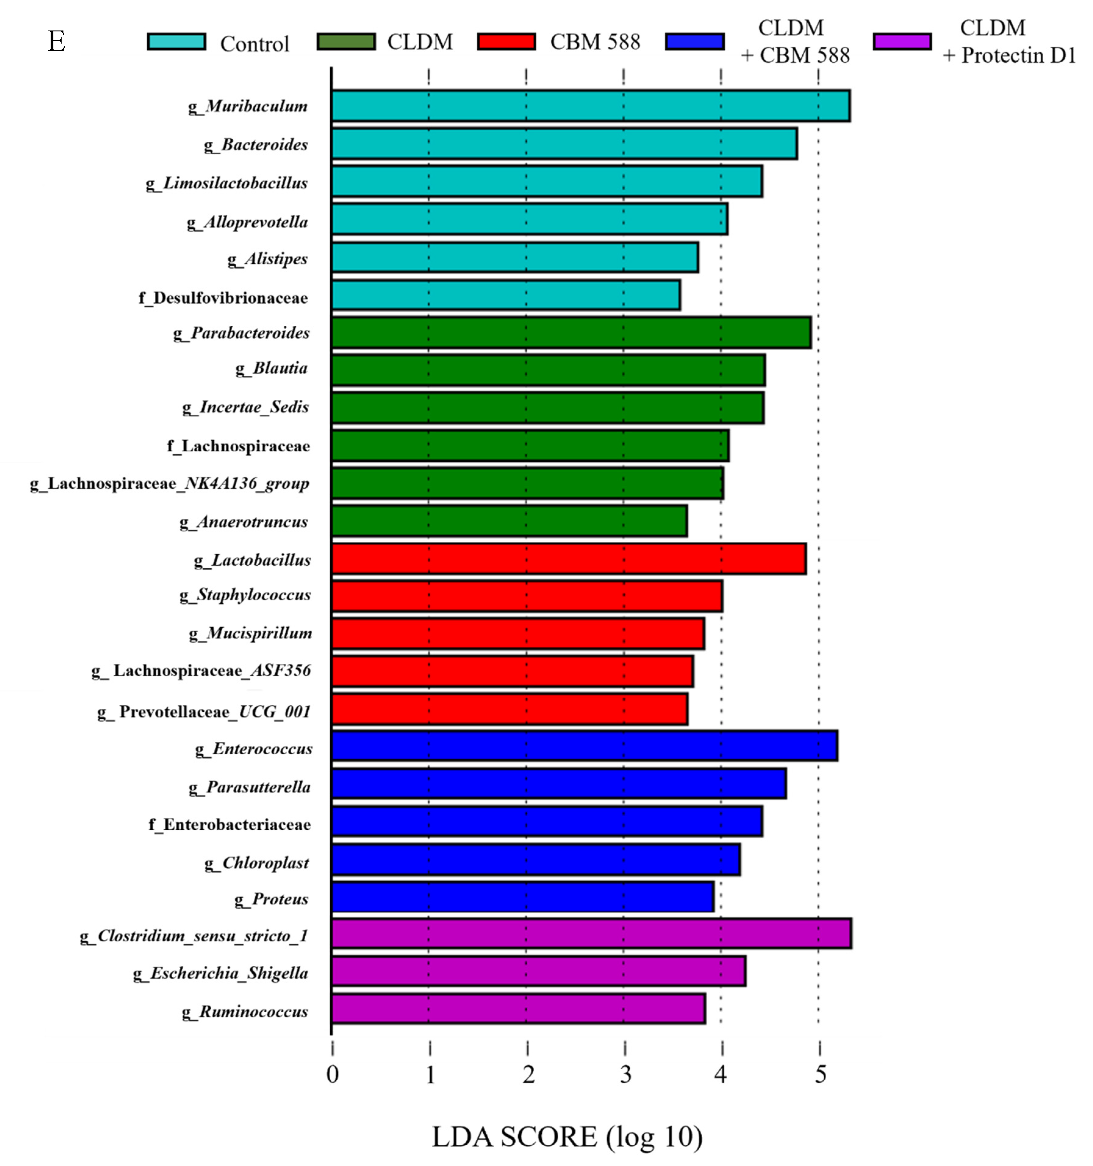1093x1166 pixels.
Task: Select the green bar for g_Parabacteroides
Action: [x=570, y=333]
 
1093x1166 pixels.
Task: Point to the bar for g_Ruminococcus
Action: [x=518, y=1009]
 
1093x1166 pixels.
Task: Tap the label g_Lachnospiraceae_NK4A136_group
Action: [x=170, y=483]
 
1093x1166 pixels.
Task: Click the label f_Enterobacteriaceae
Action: [x=229, y=824]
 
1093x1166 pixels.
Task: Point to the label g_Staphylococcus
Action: [x=245, y=595]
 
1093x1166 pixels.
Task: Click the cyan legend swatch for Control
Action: [x=176, y=42]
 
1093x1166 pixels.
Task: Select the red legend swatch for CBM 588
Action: [x=506, y=42]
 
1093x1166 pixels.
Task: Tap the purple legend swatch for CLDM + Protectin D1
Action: [x=901, y=42]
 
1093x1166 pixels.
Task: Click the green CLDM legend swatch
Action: [x=346, y=42]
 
